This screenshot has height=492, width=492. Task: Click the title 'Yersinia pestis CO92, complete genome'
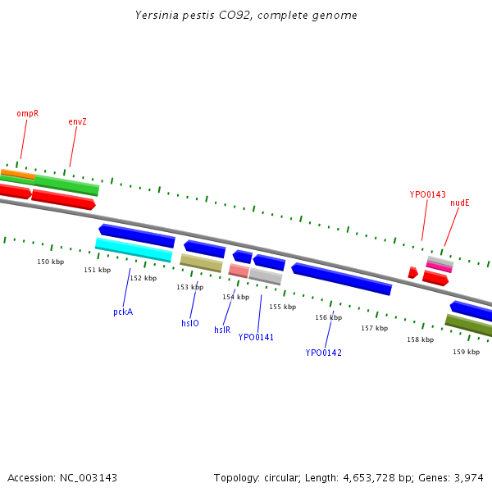point(246,16)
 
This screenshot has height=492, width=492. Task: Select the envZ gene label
point(77,121)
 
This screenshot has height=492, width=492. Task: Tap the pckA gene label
point(123,312)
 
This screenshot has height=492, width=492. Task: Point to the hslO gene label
point(189,323)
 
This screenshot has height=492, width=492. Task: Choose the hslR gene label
point(222,330)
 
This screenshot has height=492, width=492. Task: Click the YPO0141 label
point(256,337)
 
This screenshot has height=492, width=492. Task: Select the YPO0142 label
point(323,353)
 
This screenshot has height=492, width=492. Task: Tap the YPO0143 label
point(427,194)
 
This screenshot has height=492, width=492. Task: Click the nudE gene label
point(459,203)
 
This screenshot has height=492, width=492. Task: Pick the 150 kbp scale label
point(51,262)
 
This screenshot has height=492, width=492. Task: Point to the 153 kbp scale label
point(189,287)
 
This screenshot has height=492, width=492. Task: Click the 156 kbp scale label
point(328,317)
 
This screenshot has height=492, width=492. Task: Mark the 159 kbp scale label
point(466,351)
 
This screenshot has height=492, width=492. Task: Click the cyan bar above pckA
point(134,248)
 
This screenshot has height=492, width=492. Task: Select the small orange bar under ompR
point(18,174)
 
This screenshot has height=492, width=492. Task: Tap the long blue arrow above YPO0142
point(341,279)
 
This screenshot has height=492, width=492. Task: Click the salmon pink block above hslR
point(239,271)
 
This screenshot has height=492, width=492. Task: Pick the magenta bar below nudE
point(439,267)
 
